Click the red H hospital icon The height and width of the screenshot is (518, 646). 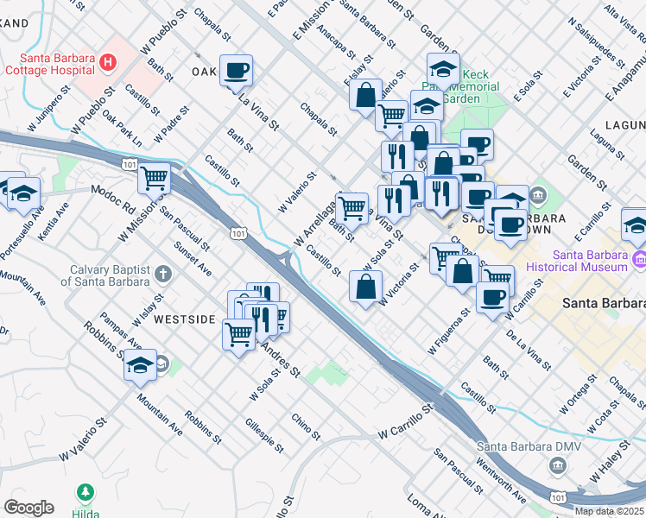[108, 62]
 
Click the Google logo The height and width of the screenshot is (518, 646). [28, 508]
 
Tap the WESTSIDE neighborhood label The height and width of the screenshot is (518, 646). [184, 319]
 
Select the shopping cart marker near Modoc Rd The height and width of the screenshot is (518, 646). [154, 179]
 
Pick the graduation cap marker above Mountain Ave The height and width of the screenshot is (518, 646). [140, 365]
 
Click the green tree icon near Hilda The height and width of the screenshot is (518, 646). [85, 493]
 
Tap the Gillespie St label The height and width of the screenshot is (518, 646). [263, 432]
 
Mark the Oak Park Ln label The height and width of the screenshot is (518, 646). [122, 127]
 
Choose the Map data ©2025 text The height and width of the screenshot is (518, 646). [609, 511]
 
